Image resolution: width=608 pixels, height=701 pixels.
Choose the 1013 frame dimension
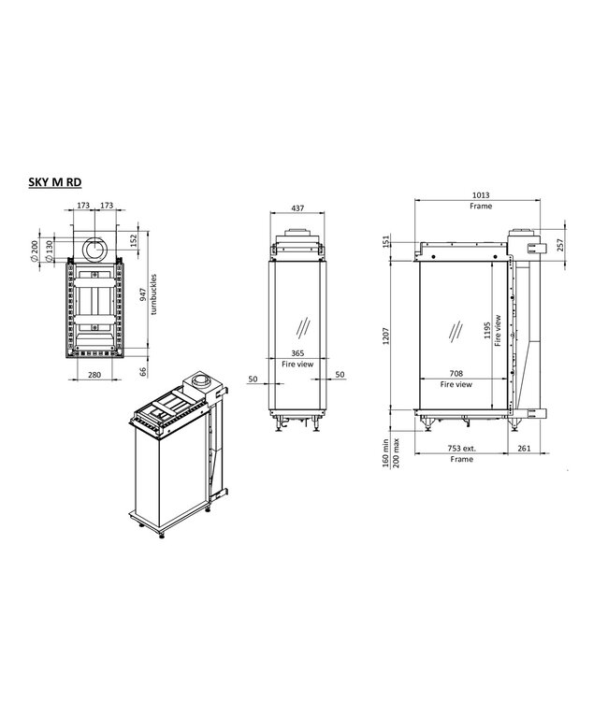coord(482,195)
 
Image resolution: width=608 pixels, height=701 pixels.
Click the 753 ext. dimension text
coord(461,449)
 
